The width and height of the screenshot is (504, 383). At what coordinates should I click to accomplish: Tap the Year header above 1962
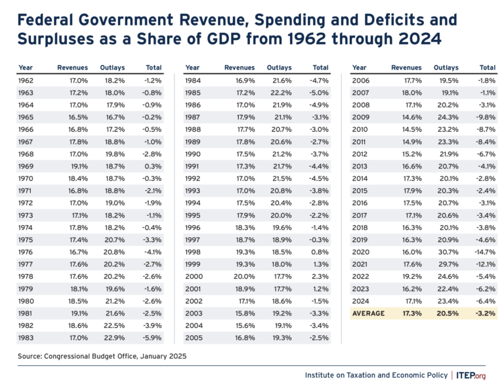25,68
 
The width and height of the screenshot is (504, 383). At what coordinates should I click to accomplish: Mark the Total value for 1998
321,252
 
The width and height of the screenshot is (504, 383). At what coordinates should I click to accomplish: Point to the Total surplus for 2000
321,276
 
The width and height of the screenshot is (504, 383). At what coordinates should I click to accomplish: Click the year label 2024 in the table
360,301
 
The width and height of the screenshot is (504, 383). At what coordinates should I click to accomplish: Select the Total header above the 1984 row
320,68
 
